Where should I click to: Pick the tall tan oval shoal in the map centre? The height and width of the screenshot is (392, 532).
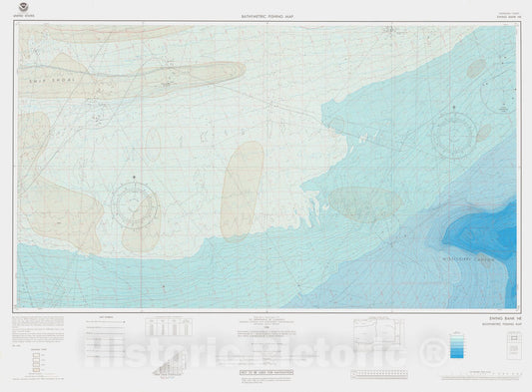pyautogui.click(x=243, y=191)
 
